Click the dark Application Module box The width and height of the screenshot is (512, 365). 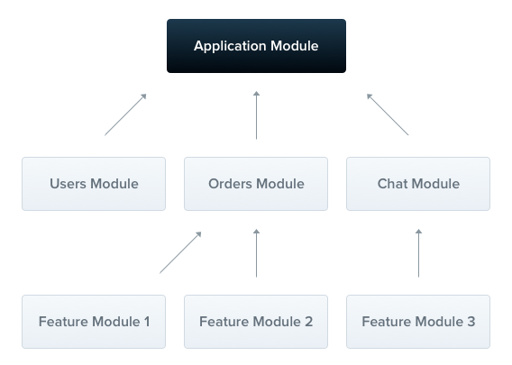click(256, 46)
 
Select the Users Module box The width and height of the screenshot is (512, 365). click(94, 184)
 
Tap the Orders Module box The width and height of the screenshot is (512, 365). click(256, 184)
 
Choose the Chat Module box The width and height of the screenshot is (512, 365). click(418, 184)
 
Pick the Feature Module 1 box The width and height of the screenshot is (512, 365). click(94, 322)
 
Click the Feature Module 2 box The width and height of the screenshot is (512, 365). click(256, 322)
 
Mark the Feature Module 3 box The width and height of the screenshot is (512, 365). click(418, 322)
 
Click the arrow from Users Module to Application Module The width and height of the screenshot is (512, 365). click(125, 114)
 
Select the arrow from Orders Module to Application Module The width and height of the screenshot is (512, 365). click(256, 115)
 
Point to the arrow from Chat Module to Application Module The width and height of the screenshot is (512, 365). click(388, 114)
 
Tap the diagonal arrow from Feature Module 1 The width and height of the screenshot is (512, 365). click(180, 252)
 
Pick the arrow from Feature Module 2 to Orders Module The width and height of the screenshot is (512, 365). click(256, 253)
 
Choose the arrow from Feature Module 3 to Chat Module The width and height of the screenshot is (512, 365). click(418, 253)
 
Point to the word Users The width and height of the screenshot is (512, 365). click(69, 184)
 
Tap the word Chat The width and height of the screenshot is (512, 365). click(393, 184)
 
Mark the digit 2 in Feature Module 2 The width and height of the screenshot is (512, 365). click(308, 322)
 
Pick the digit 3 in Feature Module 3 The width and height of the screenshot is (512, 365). click(471, 322)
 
